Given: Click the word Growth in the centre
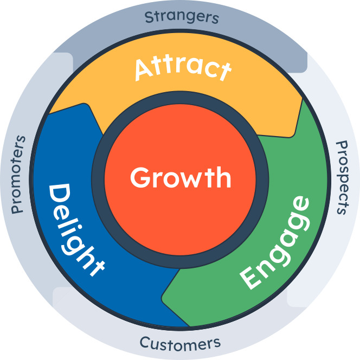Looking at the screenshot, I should point(180,178).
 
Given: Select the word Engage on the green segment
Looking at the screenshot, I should point(275,242).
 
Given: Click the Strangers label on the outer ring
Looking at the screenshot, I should point(181,17).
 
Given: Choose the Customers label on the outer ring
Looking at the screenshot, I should point(180,343).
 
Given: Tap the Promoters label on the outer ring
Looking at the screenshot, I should point(18,174).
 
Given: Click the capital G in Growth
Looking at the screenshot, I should point(140,178).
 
